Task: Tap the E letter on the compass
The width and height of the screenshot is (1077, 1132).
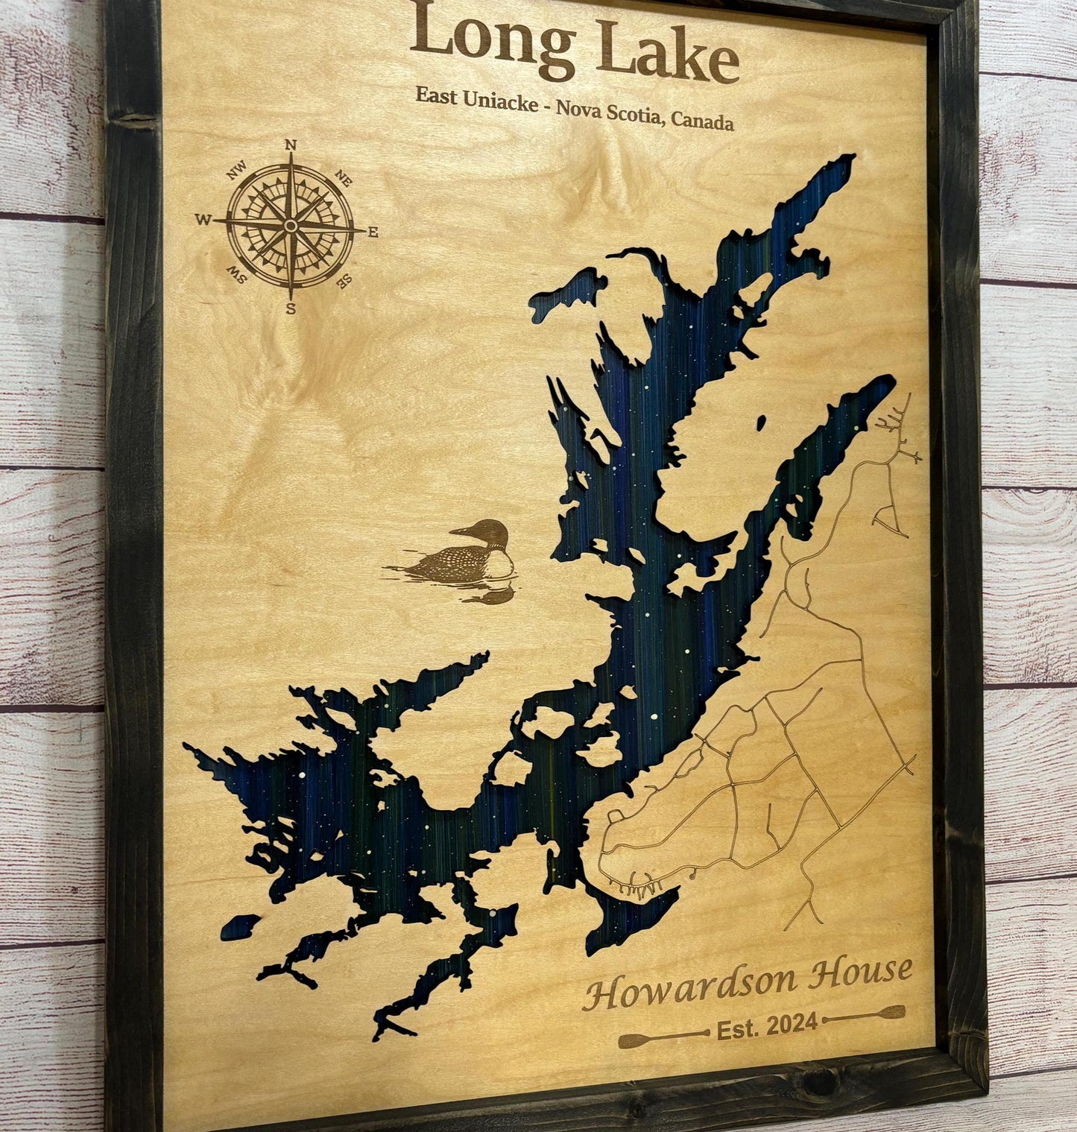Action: point(373,233)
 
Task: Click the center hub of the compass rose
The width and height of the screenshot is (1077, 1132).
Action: point(291,225)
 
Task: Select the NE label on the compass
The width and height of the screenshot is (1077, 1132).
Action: point(344,177)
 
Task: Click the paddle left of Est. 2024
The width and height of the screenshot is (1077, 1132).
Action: point(662,1037)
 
